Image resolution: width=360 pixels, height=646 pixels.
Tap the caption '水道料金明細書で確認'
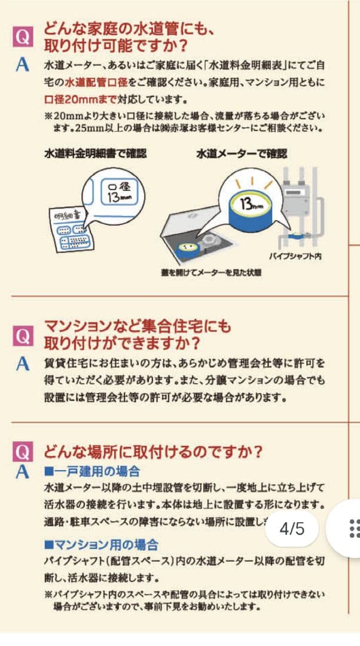pyautogui.click(x=95, y=154)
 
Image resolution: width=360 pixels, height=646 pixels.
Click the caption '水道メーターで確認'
pyautogui.click(x=242, y=154)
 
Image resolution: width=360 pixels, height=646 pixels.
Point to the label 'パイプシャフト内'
pyautogui.click(x=295, y=255)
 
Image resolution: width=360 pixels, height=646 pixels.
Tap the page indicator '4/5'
pyautogui.click(x=292, y=529)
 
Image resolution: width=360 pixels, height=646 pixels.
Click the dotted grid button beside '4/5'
pyautogui.click(x=353, y=529)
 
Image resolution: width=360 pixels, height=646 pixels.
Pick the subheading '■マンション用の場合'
pyautogui.click(x=101, y=545)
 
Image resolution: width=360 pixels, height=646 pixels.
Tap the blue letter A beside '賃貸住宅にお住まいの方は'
pyautogui.click(x=23, y=363)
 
